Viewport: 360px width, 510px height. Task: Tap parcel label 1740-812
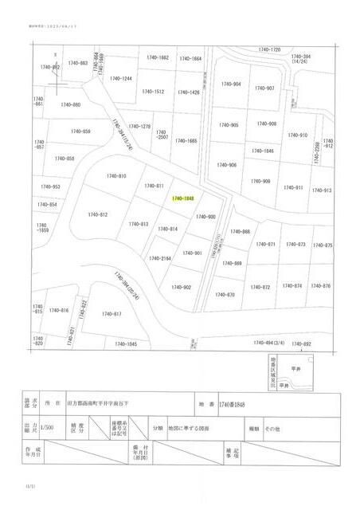click(x=98, y=214)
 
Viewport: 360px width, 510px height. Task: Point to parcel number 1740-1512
click(x=153, y=92)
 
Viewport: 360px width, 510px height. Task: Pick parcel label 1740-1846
click(x=264, y=151)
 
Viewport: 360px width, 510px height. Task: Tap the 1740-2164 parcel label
click(x=160, y=258)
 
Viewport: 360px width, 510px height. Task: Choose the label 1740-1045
click(x=126, y=343)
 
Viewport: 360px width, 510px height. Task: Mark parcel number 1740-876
click(x=320, y=285)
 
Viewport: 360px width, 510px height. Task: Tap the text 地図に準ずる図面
click(x=189, y=428)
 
